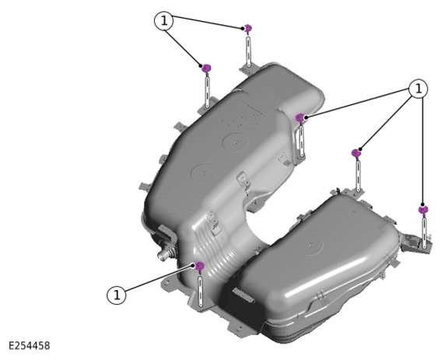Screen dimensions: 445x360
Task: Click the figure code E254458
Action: [30, 346]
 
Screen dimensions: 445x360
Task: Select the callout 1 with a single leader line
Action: [116, 295]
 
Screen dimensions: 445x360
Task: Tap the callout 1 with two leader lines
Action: [163, 21]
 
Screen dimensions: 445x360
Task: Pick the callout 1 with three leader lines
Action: [419, 89]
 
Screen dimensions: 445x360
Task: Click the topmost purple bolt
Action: [248, 29]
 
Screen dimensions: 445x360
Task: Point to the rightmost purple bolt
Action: [423, 210]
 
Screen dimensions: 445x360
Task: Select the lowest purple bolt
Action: [200, 267]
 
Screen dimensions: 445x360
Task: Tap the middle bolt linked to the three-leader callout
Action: [356, 154]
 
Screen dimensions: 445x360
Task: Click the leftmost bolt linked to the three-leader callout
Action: [300, 118]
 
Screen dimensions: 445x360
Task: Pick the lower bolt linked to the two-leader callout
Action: [207, 69]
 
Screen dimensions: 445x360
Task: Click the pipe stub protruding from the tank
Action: [164, 254]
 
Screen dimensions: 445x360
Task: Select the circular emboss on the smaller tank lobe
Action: [310, 244]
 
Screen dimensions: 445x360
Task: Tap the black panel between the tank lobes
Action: [244, 306]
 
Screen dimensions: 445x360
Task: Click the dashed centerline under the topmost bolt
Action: [249, 51]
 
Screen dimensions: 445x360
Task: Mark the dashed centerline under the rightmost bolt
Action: [425, 233]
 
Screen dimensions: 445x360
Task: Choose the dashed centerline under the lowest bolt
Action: [201, 291]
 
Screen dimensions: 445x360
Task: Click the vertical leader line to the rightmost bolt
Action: [423, 151]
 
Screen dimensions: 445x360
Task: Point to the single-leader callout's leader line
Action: [159, 278]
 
